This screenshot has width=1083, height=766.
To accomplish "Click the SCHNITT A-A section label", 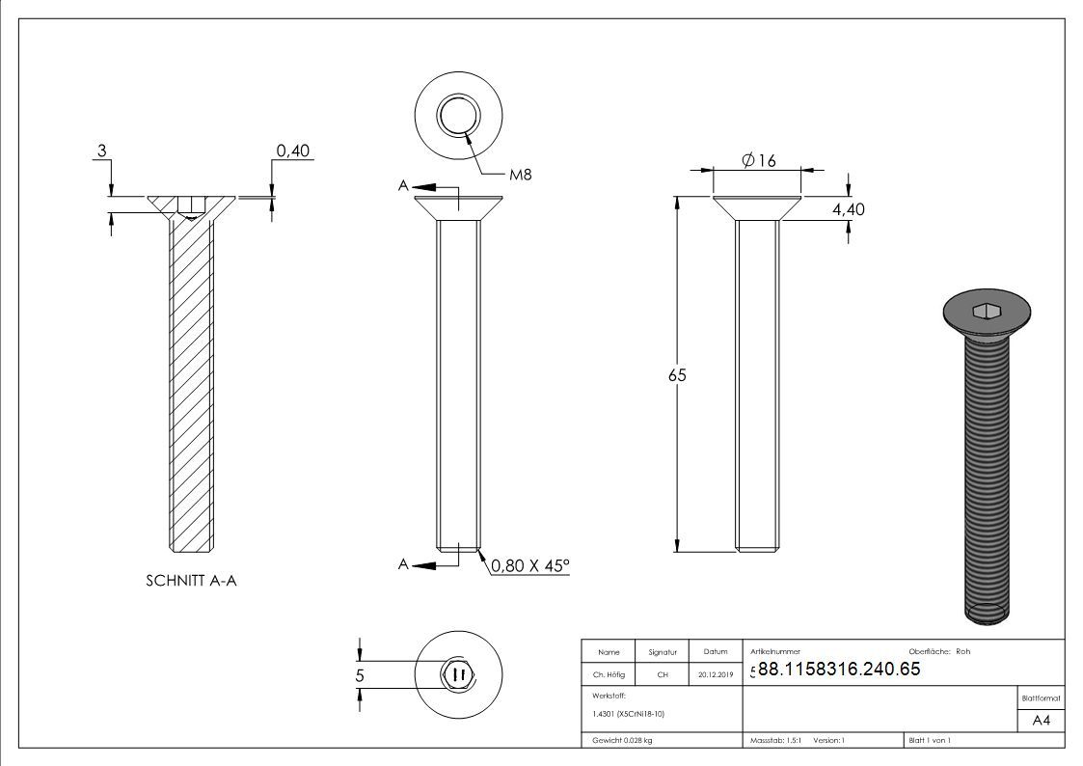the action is pyautogui.click(x=191, y=581).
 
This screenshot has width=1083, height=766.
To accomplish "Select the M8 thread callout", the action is pyautogui.click(x=521, y=175).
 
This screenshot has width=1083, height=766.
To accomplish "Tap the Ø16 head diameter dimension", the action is pyautogui.click(x=758, y=160).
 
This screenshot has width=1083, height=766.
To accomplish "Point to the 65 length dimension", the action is pyautogui.click(x=678, y=375).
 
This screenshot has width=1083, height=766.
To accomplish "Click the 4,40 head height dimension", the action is pyautogui.click(x=848, y=209).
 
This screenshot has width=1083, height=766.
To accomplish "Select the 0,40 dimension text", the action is pyautogui.click(x=293, y=150).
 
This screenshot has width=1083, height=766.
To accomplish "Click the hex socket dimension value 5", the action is pyautogui.click(x=359, y=674).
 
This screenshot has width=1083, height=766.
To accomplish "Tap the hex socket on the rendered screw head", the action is pyautogui.click(x=987, y=312).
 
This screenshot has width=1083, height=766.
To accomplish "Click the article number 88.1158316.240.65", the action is pyautogui.click(x=839, y=669).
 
